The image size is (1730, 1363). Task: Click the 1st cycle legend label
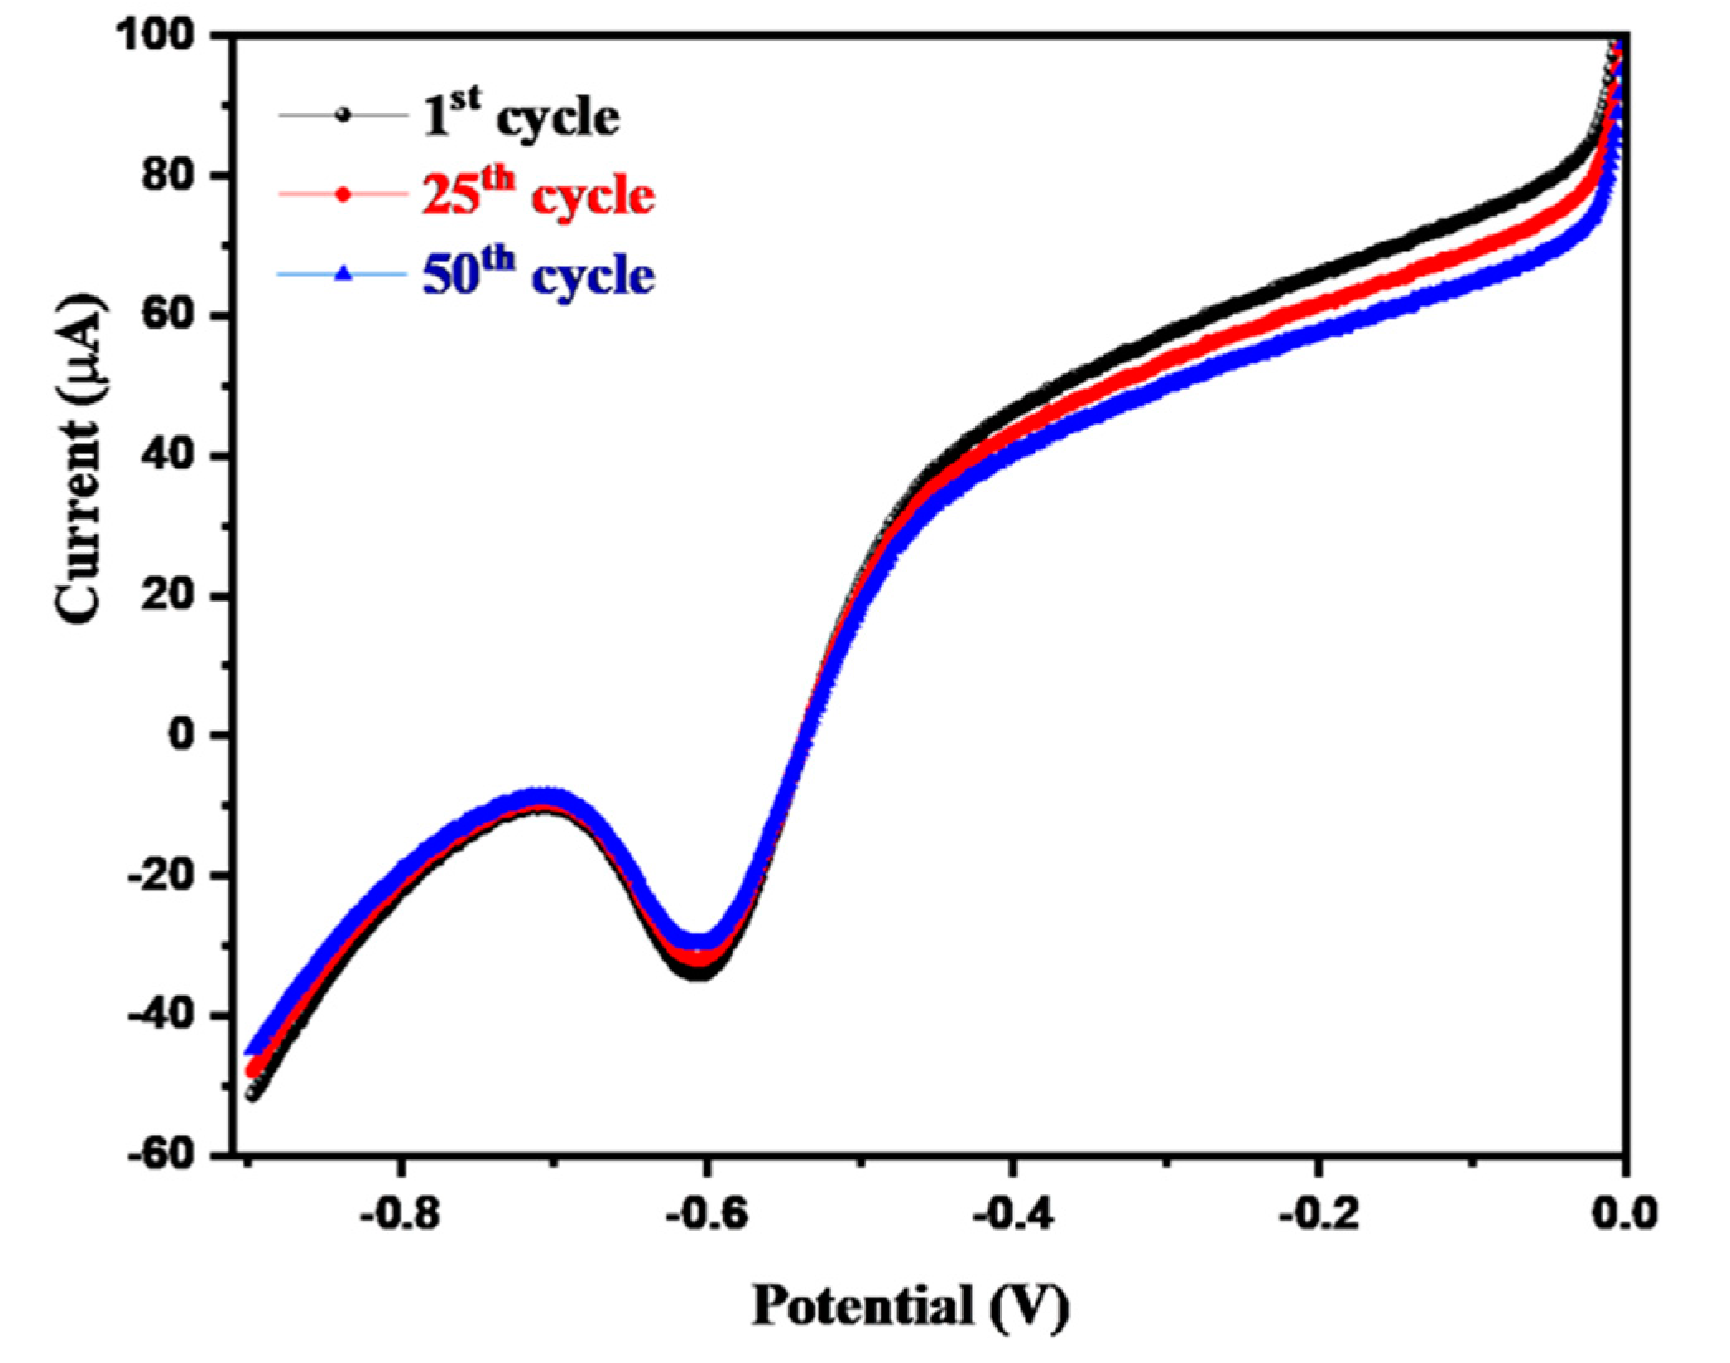(521, 118)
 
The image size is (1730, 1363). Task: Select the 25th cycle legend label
(538, 195)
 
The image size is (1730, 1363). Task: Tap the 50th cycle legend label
(538, 274)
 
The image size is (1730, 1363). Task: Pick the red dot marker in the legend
(343, 195)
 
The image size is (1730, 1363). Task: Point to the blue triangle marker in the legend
(343, 274)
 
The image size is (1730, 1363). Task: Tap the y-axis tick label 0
(188, 735)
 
